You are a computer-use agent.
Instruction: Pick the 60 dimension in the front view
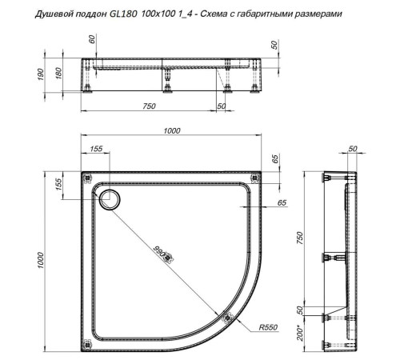tap(93, 42)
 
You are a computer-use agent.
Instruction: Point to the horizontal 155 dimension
tap(97, 150)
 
